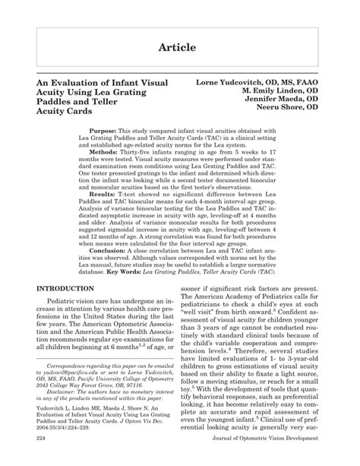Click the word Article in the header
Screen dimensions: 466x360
(180, 47)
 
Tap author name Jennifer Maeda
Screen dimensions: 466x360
(273, 100)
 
